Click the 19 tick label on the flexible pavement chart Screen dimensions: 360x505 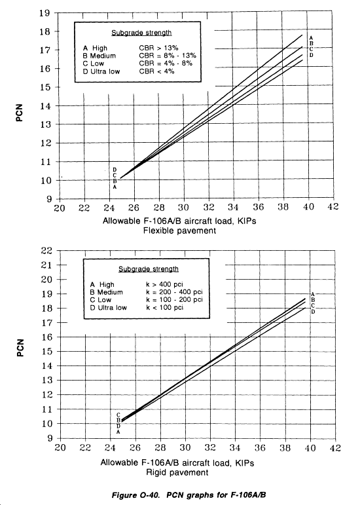(x=45, y=13)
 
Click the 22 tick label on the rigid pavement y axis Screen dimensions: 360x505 (x=46, y=251)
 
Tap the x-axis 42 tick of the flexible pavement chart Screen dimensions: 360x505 (x=333, y=206)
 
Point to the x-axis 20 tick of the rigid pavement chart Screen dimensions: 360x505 (x=60, y=447)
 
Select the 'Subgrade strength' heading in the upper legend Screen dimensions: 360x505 (x=141, y=33)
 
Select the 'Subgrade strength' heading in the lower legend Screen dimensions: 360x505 (x=149, y=269)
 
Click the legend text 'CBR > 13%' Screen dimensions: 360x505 (x=158, y=48)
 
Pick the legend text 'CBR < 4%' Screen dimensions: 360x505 (x=156, y=71)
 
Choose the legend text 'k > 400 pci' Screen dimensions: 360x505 (x=164, y=284)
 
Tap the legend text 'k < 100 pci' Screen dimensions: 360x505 (x=164, y=308)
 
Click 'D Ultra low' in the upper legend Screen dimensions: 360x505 (x=101, y=71)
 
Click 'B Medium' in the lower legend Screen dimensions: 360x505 (x=107, y=292)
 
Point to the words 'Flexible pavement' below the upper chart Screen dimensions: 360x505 (x=179, y=231)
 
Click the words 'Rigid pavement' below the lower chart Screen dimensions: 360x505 (x=177, y=472)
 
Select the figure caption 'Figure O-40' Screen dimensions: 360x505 (x=135, y=495)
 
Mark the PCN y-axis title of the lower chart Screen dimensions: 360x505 (x=20, y=348)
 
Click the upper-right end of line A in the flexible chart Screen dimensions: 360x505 (x=302, y=35)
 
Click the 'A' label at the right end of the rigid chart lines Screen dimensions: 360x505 (x=313, y=294)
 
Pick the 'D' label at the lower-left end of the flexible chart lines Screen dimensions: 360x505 (x=115, y=170)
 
